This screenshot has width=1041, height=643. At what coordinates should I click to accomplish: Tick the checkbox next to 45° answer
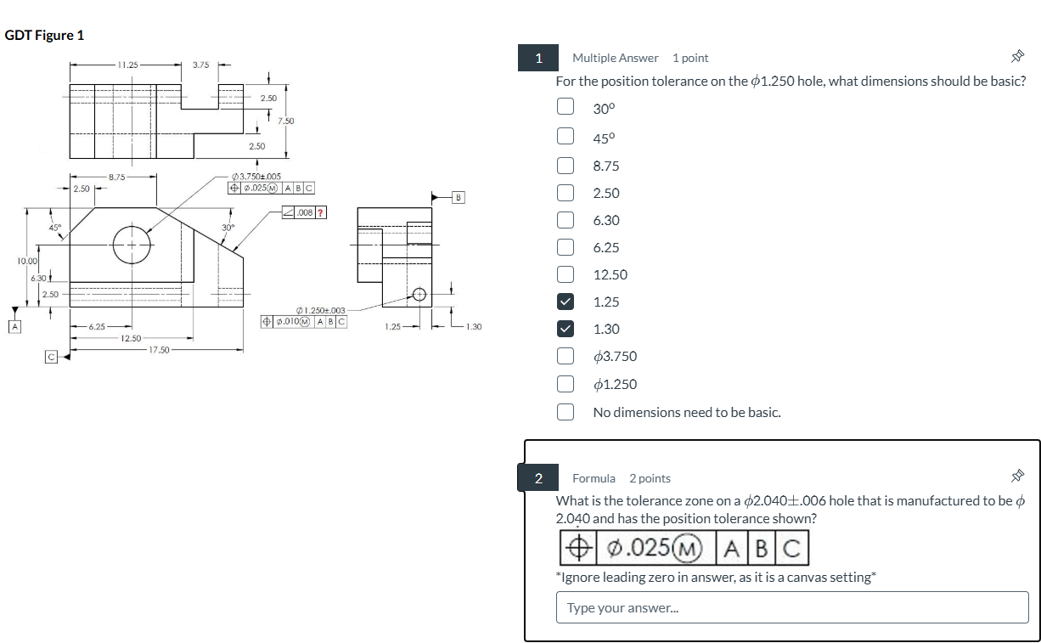click(565, 135)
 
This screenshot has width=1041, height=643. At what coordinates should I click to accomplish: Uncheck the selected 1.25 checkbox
click(565, 302)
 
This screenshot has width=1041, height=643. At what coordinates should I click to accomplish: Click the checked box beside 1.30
click(565, 329)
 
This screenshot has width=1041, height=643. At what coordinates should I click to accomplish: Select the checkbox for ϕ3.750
click(565, 357)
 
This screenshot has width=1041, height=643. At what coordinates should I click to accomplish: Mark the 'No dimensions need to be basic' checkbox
click(565, 412)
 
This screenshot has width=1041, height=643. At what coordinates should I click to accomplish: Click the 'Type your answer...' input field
click(791, 607)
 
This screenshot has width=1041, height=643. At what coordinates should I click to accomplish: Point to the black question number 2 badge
click(538, 478)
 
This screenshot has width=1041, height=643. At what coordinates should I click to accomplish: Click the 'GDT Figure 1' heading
click(44, 36)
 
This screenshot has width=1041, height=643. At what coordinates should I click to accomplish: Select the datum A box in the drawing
click(13, 324)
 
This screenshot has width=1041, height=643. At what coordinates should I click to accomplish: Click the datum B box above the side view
click(459, 197)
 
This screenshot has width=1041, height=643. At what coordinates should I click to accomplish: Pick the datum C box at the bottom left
click(51, 357)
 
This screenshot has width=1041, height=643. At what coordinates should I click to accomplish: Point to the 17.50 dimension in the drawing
click(159, 349)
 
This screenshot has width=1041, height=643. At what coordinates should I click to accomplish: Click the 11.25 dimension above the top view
click(129, 64)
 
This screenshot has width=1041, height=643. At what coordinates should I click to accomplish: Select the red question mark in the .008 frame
click(321, 212)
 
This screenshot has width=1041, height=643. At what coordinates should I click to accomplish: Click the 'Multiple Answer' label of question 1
click(615, 58)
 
